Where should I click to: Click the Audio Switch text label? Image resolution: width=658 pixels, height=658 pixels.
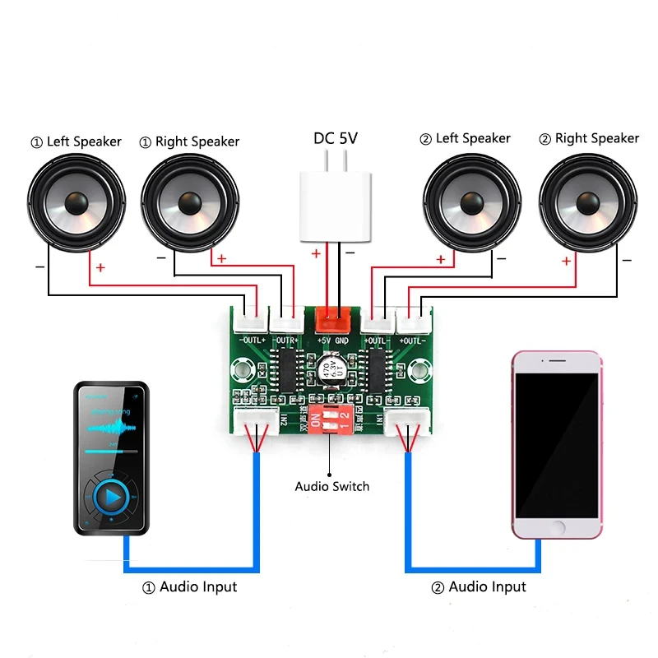(332, 486)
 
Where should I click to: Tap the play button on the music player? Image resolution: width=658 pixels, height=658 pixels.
(112, 497)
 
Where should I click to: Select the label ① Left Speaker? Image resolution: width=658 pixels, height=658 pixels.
(76, 141)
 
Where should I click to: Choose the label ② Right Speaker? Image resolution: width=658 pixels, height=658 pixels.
(588, 138)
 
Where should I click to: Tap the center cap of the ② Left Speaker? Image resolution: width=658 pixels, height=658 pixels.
(472, 202)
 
